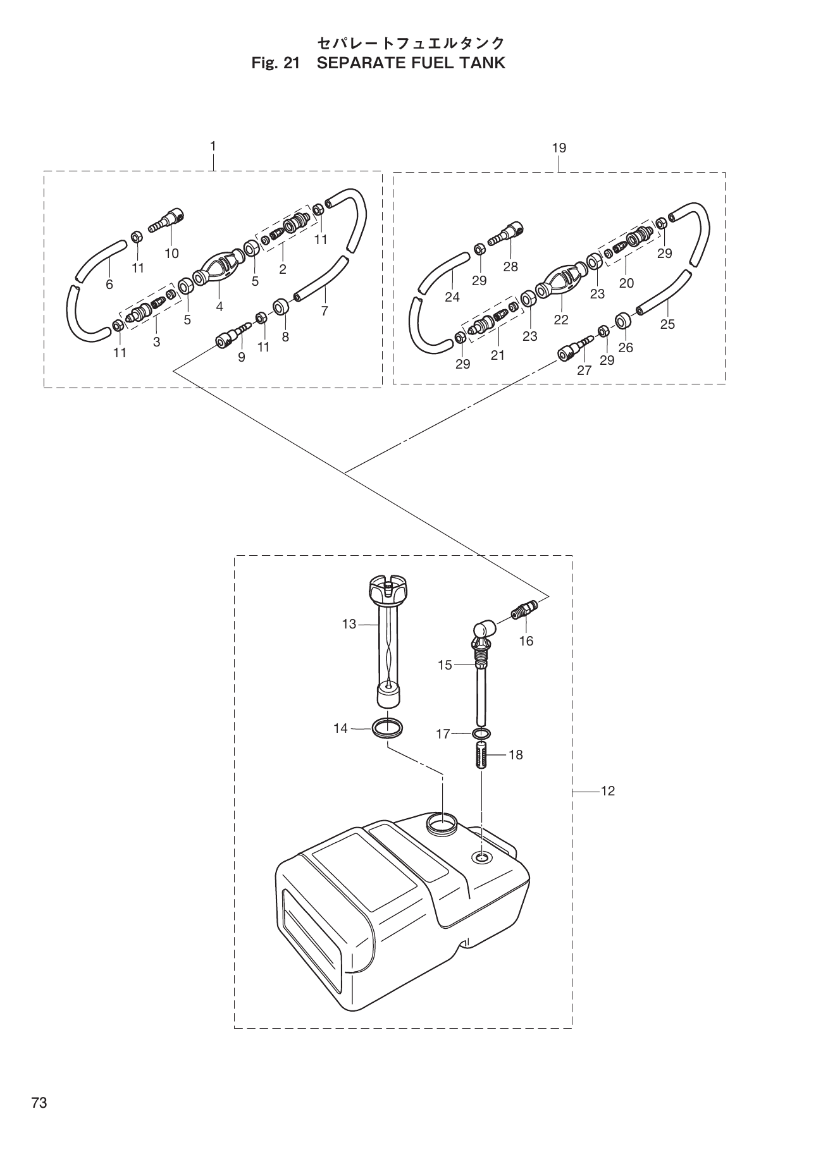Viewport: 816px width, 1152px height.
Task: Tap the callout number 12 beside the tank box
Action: pyautogui.click(x=607, y=791)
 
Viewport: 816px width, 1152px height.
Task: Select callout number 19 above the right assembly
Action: pyautogui.click(x=559, y=148)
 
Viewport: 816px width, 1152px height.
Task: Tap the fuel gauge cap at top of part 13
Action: pyautogui.click(x=385, y=587)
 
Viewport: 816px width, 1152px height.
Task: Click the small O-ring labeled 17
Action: pyautogui.click(x=481, y=733)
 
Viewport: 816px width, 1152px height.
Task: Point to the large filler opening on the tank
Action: pyautogui.click(x=442, y=823)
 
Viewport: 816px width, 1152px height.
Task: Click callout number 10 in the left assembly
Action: pyautogui.click(x=171, y=254)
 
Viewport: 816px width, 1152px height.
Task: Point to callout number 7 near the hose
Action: pyautogui.click(x=325, y=311)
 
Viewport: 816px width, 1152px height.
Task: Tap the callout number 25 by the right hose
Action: pyautogui.click(x=667, y=324)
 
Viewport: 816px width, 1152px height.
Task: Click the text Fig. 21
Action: pyautogui.click(x=274, y=63)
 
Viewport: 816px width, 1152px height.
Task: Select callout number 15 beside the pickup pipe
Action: pyautogui.click(x=445, y=665)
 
